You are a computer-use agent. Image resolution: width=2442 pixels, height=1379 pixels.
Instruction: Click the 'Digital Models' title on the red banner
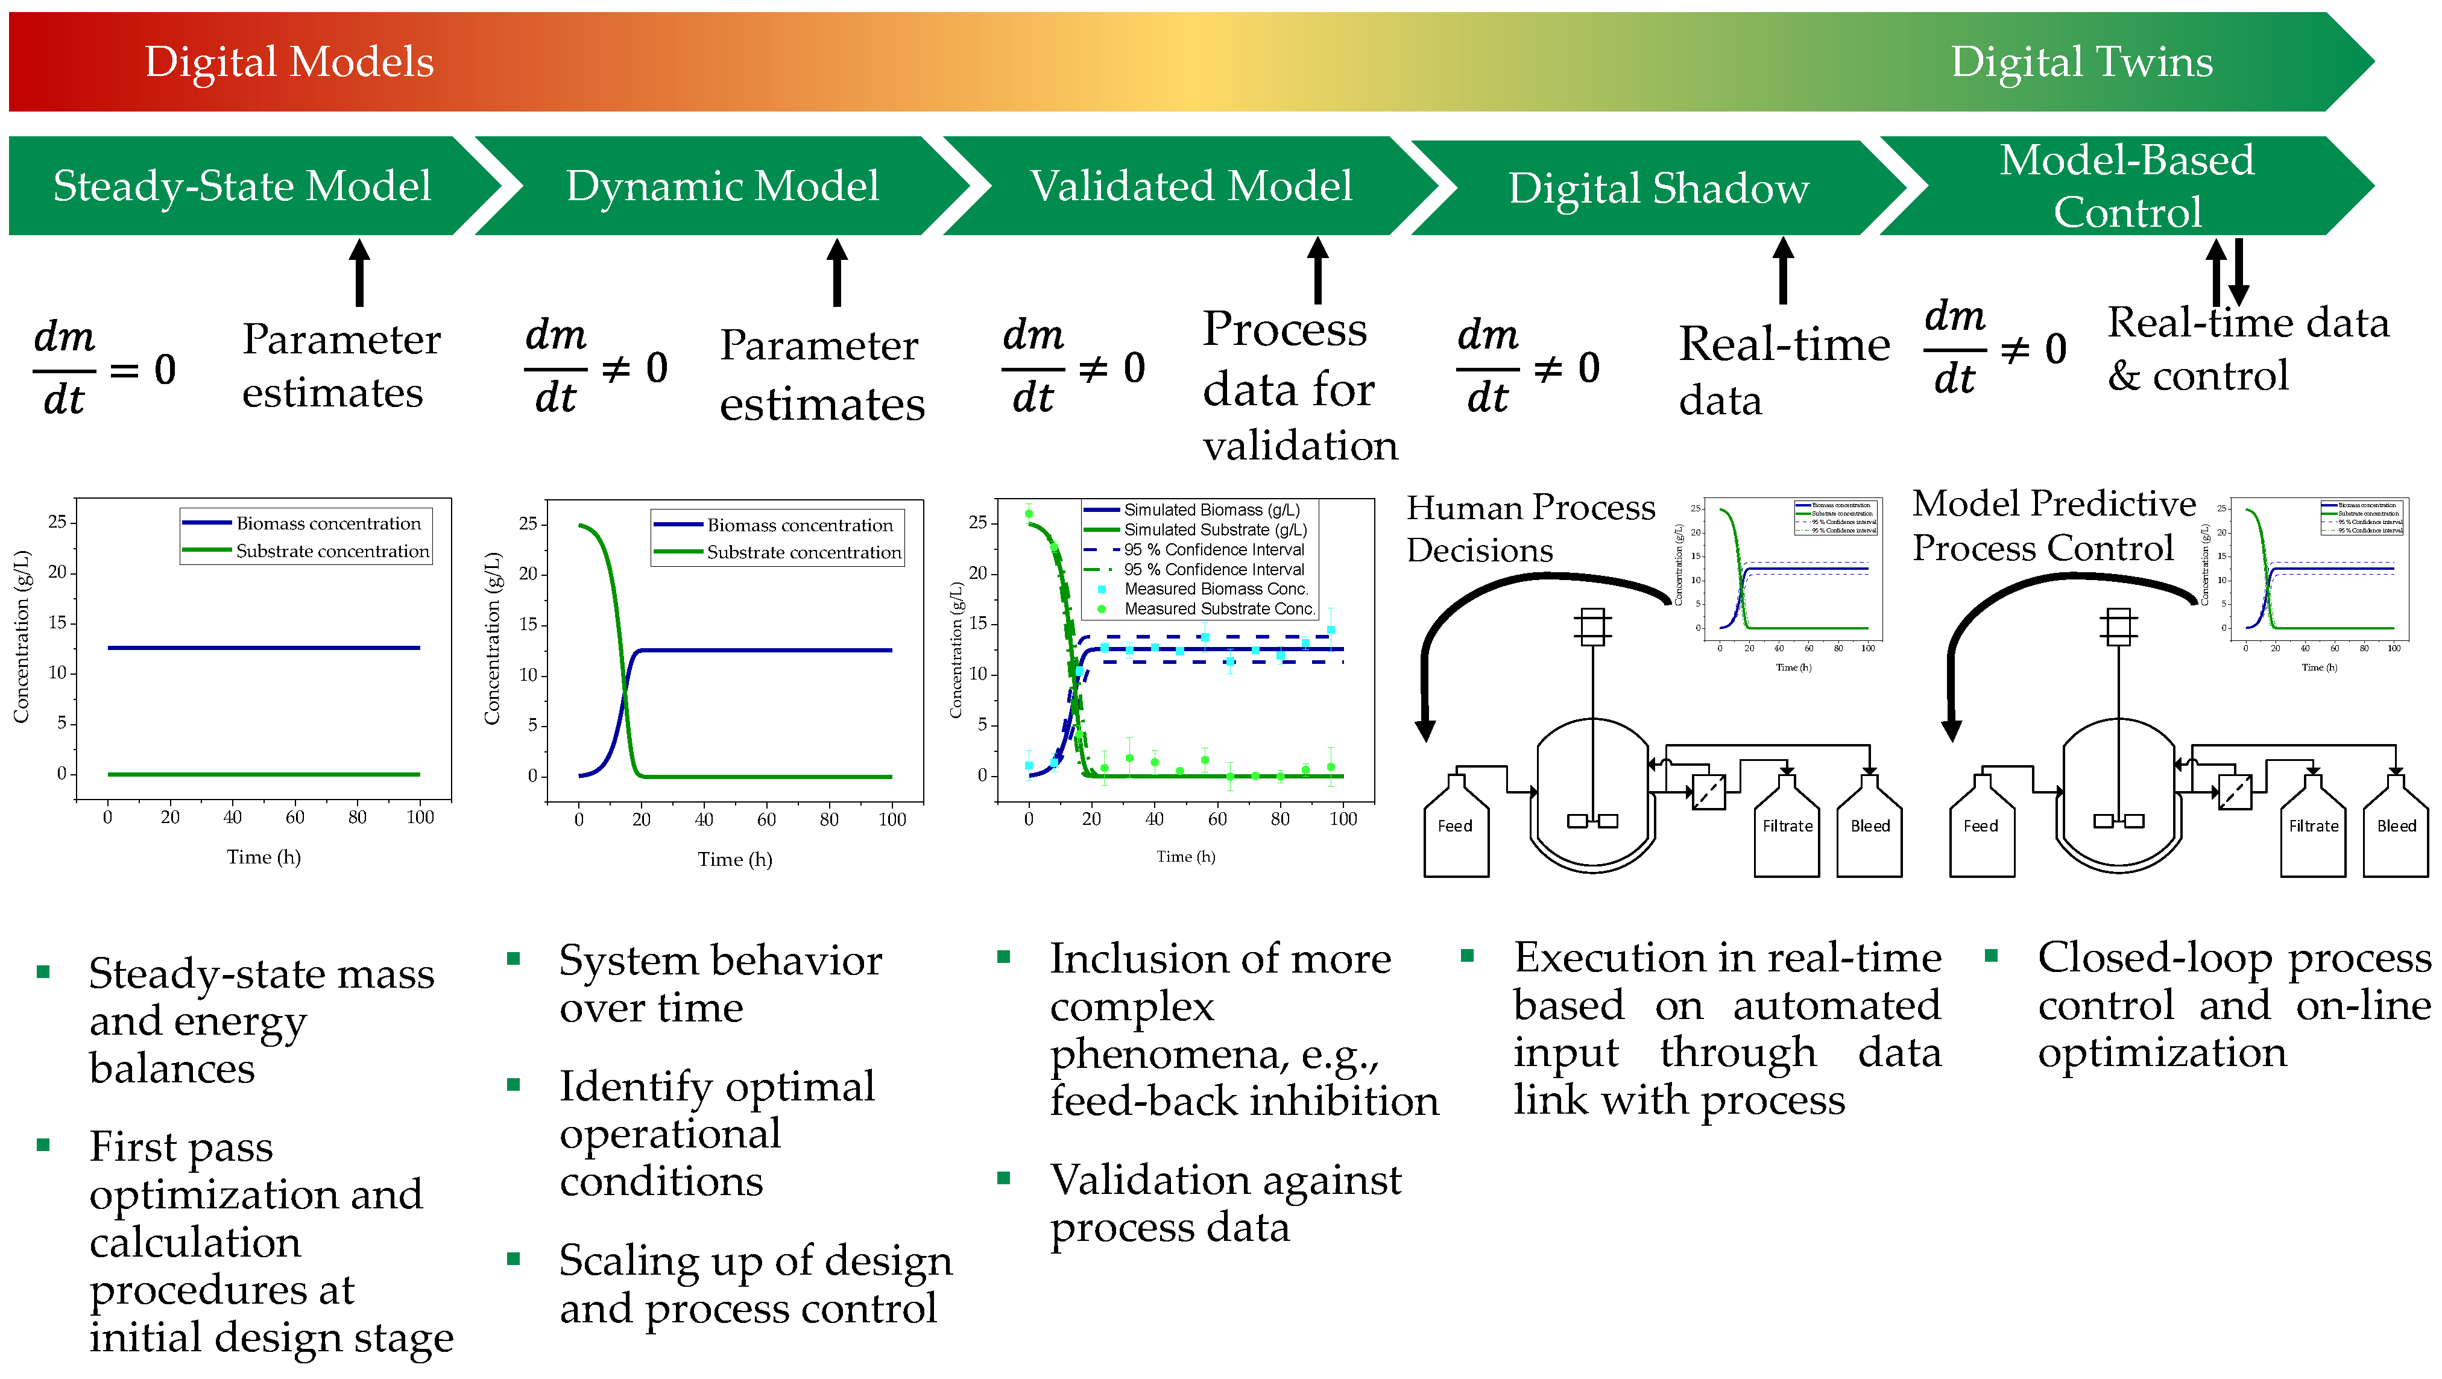[x=289, y=63]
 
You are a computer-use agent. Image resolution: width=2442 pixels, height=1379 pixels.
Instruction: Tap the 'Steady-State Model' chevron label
[x=242, y=186]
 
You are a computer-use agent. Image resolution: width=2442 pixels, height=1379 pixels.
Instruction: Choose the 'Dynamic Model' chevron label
[x=722, y=186]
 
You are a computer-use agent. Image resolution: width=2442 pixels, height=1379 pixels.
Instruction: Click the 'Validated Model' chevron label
[x=1191, y=186]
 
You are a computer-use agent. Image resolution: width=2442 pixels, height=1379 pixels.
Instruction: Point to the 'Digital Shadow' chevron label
[x=1658, y=188]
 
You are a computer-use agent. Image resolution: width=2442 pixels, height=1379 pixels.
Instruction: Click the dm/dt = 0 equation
[x=104, y=368]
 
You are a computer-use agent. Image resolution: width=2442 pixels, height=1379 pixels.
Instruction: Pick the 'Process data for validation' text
[x=1299, y=387]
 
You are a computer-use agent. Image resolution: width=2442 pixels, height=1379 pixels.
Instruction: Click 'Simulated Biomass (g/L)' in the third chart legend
[x=1211, y=510]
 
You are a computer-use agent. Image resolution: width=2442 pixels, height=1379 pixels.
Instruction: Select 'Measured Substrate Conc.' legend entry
[x=1218, y=608]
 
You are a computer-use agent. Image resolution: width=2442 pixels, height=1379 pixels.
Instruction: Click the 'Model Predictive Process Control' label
[x=2052, y=525]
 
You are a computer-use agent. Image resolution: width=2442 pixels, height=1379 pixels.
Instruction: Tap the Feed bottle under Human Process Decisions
[x=1455, y=827]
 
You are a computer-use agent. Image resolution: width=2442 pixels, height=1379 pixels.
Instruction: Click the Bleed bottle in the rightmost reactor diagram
[x=2396, y=827]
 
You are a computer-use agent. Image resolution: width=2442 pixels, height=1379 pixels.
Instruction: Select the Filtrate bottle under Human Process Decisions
[x=1787, y=827]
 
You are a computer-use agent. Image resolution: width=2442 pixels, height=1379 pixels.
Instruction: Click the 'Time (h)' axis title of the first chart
[x=263, y=857]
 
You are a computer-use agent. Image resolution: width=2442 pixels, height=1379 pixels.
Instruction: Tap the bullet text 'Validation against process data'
[x=1225, y=1204]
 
